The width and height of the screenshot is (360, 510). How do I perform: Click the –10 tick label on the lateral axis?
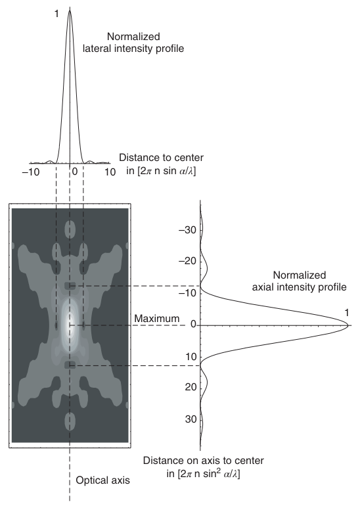point(31,172)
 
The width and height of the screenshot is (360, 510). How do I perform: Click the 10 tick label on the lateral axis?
point(110,172)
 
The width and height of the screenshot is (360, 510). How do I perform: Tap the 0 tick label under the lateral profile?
point(75,172)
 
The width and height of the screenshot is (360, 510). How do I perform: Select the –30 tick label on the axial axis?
point(188,230)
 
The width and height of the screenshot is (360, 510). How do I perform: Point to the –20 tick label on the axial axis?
point(188,261)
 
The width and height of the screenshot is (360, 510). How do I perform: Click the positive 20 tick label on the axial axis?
point(191,387)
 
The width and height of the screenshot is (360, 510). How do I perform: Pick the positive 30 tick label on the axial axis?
point(191,419)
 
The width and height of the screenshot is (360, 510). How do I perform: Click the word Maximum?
point(157,319)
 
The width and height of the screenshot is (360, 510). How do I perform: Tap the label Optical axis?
point(102,480)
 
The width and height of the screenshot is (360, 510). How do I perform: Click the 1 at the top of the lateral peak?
point(56,14)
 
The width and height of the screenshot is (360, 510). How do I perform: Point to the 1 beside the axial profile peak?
point(347,313)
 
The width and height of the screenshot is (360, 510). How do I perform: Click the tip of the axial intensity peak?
point(348,325)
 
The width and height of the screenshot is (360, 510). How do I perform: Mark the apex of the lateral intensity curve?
point(70,10)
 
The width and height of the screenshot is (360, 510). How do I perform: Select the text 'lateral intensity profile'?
point(133,49)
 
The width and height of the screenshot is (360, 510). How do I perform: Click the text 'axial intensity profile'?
point(299,287)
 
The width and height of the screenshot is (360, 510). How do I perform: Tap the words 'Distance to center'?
point(162,158)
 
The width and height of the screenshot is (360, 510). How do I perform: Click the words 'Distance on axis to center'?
point(203,461)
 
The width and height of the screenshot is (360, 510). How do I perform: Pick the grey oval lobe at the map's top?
point(70,229)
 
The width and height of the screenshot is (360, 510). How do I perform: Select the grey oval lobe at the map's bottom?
point(70,421)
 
